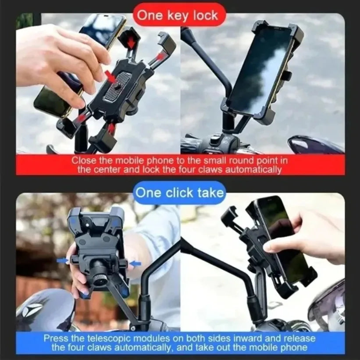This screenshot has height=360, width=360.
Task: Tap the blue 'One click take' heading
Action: click(x=180, y=192)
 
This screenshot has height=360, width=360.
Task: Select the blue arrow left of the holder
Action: click(x=63, y=261)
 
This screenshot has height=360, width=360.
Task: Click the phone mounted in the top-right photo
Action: click(x=259, y=70)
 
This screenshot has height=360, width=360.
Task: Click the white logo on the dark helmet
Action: click(x=33, y=309)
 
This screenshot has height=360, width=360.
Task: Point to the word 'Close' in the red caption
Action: click(x=83, y=161)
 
